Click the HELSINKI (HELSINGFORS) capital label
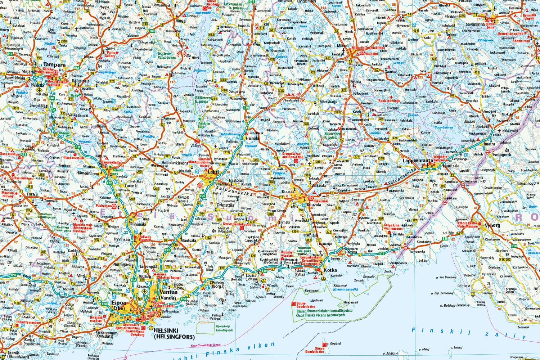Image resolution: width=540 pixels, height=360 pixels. pyautogui.click(x=174, y=333)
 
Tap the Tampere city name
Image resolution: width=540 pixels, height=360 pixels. pyautogui.click(x=55, y=65)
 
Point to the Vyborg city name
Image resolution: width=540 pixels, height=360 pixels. pyautogui.click(x=492, y=225)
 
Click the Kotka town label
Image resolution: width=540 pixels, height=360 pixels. pyautogui.click(x=330, y=270)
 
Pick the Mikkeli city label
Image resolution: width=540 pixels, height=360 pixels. pyautogui.click(x=343, y=46)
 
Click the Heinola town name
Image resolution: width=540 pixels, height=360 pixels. pyautogui.click(x=252, y=138)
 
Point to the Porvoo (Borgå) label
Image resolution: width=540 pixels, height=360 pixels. pyautogui.click(x=218, y=285)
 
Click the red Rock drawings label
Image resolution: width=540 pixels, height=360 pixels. pyautogui.click(x=389, y=101)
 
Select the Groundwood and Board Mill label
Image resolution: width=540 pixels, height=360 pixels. pyautogui.click(x=293, y=155)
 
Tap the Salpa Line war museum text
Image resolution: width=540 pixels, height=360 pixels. pyautogui.click(x=392, y=227)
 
